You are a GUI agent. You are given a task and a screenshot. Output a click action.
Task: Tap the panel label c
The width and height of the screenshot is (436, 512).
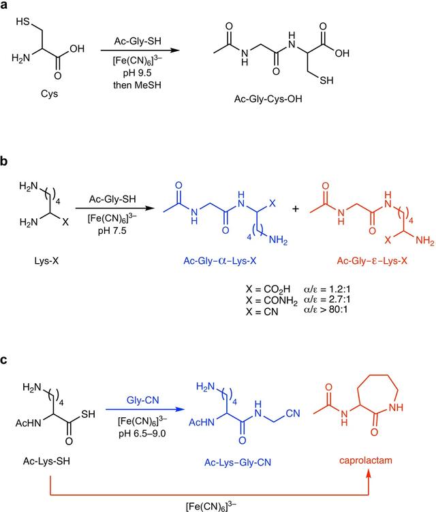point(5,359)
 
